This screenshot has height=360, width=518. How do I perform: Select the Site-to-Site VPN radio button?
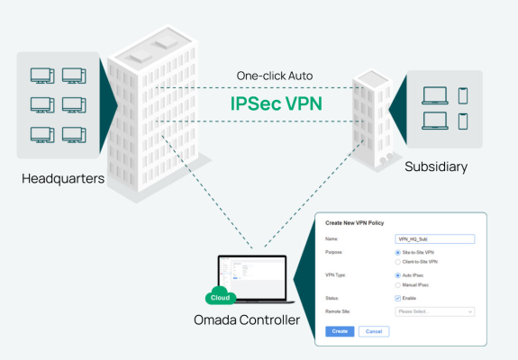pos(399,253)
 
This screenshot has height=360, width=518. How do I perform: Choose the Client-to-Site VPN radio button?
pos(399,261)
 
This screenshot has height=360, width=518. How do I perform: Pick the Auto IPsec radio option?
pos(399,275)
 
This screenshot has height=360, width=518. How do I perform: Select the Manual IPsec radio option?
pos(399,284)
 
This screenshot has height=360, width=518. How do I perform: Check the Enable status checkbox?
pos(399,298)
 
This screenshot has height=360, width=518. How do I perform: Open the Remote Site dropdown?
pos(435,311)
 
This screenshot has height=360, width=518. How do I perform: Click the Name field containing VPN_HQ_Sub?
pos(435,239)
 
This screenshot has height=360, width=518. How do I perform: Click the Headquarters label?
pos(63,180)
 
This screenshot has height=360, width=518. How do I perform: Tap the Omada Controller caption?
pos(245,320)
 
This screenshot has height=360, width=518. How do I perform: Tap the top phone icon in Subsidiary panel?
pos(463,95)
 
